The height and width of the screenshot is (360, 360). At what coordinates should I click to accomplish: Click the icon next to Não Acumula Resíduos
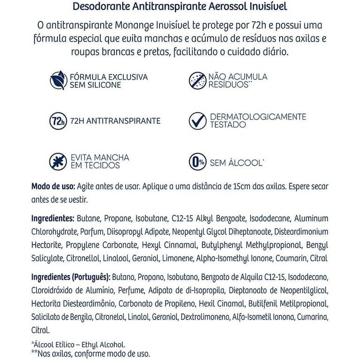198,80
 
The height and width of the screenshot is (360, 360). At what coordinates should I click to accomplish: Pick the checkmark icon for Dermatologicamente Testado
198,121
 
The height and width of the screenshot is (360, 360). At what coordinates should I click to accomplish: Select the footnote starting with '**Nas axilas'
90,353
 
